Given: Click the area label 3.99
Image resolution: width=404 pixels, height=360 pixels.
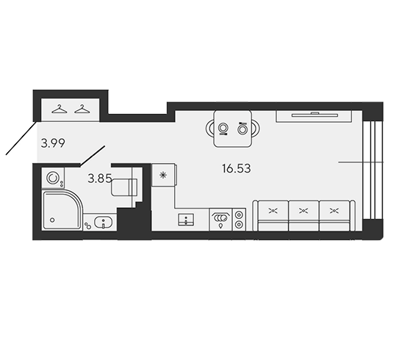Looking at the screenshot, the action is click(53, 143).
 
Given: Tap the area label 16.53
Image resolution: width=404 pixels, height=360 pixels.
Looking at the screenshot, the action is click(237, 168).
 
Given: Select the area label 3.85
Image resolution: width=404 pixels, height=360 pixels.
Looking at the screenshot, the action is click(100, 179).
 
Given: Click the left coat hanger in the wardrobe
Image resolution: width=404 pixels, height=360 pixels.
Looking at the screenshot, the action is click(59, 109).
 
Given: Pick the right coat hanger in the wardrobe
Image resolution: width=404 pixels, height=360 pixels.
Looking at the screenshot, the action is click(82, 109).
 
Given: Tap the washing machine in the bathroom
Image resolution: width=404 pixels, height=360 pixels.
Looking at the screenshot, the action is click(53, 178).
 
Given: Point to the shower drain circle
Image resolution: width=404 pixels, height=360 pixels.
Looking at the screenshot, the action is click(52, 220).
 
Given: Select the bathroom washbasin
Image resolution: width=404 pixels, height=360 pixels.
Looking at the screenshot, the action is click(103, 222).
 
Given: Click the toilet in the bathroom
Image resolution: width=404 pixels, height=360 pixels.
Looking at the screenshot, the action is click(124, 187).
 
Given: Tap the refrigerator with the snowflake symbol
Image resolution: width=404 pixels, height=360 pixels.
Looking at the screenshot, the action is click(164, 175).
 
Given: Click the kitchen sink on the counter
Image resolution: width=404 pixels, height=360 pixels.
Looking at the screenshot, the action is click(186, 220).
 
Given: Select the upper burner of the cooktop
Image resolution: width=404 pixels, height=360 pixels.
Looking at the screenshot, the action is click(239, 215).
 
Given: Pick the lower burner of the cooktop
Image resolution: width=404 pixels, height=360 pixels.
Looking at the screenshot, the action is click(239, 225).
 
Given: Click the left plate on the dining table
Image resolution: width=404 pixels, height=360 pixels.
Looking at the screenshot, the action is click(223, 128).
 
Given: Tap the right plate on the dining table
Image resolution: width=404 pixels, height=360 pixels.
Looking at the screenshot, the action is click(242, 129).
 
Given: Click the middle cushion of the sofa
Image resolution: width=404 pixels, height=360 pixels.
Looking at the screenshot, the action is click(304, 212).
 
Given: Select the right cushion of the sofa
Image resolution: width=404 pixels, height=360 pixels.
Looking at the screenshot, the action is click(334, 212).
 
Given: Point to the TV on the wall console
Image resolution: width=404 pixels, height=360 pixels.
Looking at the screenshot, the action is click(314, 115).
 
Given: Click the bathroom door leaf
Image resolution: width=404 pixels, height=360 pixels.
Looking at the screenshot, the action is click(93, 156).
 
